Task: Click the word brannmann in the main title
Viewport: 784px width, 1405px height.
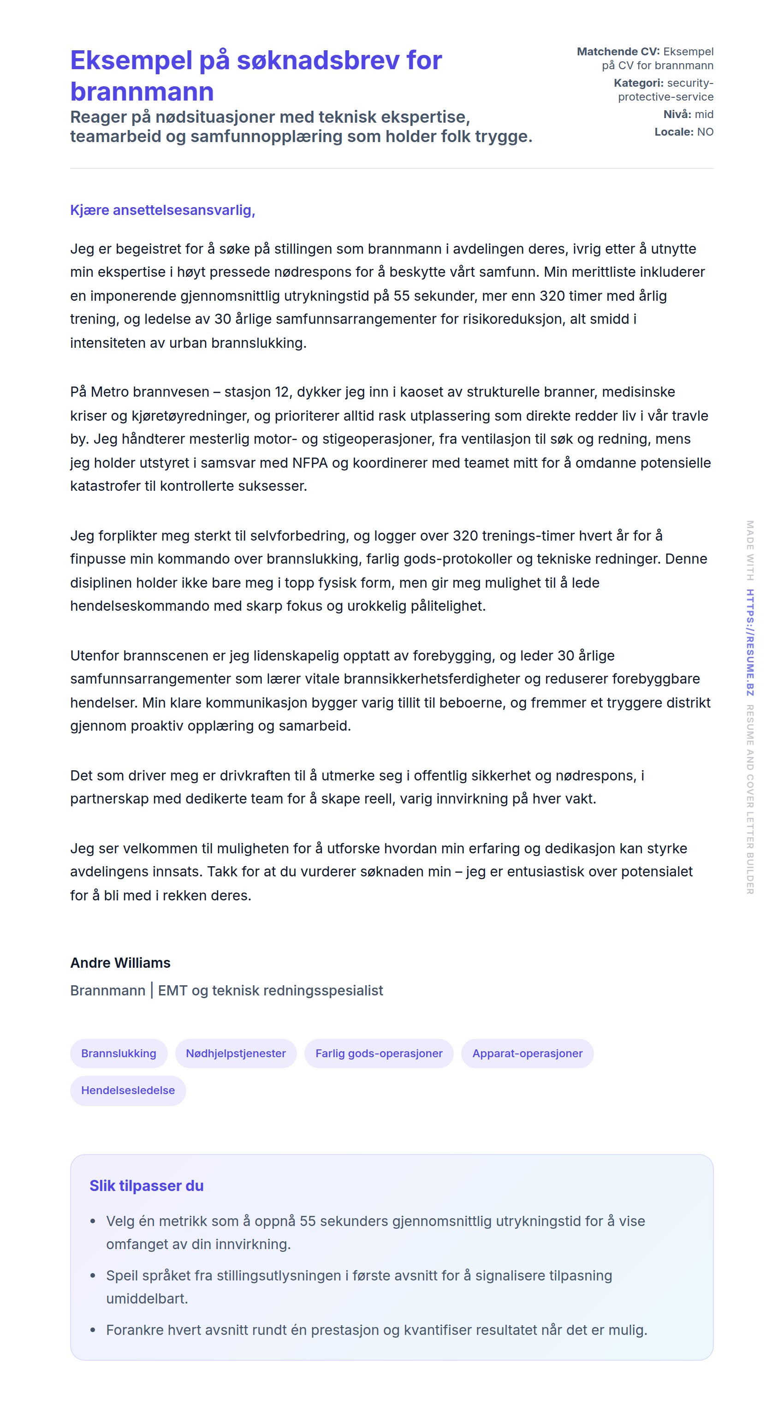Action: pyautogui.click(x=142, y=92)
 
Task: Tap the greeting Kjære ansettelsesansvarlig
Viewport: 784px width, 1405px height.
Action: pyautogui.click(x=162, y=210)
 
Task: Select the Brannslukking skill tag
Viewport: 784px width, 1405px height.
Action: pyautogui.click(x=119, y=1053)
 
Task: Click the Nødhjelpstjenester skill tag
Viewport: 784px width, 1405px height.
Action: pyautogui.click(x=236, y=1053)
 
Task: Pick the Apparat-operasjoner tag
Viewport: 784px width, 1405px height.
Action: pyautogui.click(x=527, y=1053)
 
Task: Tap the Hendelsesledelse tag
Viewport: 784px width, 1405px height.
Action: pyautogui.click(x=128, y=1090)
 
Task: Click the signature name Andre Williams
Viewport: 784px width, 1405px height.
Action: pyautogui.click(x=120, y=963)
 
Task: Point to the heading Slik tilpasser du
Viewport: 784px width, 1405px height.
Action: pyautogui.click(x=146, y=1186)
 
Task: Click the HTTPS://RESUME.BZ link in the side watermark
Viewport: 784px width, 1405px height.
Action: pyautogui.click(x=750, y=643)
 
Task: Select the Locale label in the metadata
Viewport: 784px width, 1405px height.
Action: pyautogui.click(x=674, y=132)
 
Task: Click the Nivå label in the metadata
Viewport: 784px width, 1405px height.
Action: pyautogui.click(x=677, y=114)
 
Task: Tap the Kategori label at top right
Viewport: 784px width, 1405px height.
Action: pyautogui.click(x=638, y=83)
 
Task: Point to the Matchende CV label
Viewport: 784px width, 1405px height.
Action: pyautogui.click(x=618, y=52)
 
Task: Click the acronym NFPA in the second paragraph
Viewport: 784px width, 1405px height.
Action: pyautogui.click(x=309, y=463)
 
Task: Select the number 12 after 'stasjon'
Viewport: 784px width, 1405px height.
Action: pyautogui.click(x=281, y=392)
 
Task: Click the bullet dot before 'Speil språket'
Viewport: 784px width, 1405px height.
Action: pyautogui.click(x=93, y=1276)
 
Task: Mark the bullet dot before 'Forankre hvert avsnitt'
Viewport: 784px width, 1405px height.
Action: pyautogui.click(x=93, y=1330)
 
